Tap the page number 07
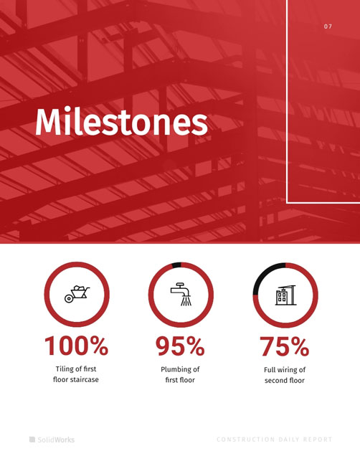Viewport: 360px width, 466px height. pos(328,27)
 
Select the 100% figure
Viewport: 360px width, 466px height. pos(76,346)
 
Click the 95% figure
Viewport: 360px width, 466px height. pos(180,346)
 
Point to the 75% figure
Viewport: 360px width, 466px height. pos(285,346)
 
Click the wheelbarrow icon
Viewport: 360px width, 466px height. pos(77,294)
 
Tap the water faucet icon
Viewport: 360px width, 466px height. pos(181,294)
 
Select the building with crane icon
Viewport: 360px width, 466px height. pos(285,295)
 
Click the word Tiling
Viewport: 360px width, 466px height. pos(65,369)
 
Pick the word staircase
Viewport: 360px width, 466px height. pos(84,379)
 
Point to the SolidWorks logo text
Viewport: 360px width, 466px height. pos(56,439)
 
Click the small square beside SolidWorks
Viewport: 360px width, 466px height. pos(32,439)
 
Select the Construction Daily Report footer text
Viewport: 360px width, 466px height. pos(275,439)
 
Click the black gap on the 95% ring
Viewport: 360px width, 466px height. pos(176,265)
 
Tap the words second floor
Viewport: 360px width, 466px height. pos(285,381)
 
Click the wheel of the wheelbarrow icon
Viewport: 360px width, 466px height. pos(69,299)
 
